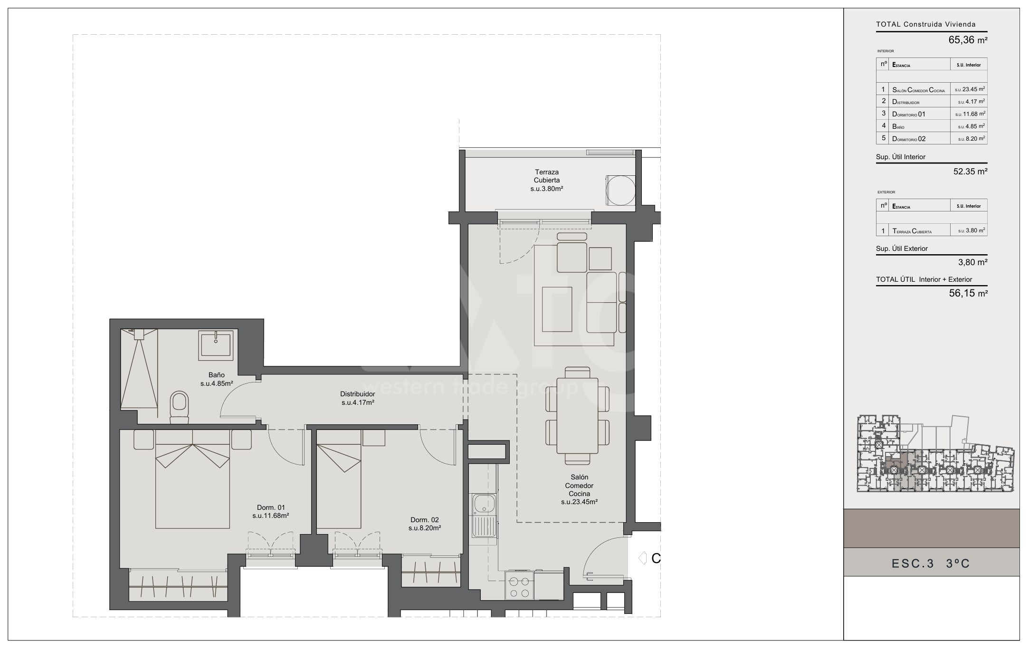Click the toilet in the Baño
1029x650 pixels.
179,407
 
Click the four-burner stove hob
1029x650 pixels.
519,586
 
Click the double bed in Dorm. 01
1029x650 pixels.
192,479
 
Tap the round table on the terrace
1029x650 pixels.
620,190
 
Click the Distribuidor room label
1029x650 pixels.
358,398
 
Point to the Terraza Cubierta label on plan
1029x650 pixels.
547,180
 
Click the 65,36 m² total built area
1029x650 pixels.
968,40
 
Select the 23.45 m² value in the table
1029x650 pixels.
971,89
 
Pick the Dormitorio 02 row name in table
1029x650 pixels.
909,139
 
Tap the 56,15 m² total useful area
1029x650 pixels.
968,294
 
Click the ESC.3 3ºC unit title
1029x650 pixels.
931,564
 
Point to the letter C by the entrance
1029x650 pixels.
656,559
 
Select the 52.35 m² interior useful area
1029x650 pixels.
970,172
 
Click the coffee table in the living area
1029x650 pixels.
557,309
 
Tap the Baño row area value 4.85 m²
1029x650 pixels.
972,126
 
